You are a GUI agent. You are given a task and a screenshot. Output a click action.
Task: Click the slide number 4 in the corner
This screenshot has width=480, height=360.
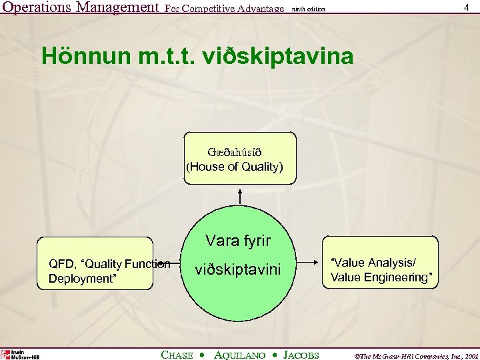coord(466,7)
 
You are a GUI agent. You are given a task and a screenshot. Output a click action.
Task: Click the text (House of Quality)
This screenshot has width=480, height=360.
coord(235,167)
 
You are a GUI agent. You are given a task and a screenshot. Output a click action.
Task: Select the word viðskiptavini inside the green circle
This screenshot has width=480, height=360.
coord(238,269)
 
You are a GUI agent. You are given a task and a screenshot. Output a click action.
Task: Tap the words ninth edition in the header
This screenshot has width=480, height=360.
coord(309,9)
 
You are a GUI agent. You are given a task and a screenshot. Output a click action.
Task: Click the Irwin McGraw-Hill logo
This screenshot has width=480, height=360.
coord(20,354)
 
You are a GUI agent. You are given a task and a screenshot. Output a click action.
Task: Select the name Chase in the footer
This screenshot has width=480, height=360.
coord(177,355)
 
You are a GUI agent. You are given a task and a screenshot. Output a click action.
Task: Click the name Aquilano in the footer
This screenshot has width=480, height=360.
coord(241,355)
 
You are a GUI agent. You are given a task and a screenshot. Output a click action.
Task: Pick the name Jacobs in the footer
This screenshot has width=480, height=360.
coord(301,355)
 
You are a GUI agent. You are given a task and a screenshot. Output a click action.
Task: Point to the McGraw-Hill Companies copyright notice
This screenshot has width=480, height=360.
coord(408,355)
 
